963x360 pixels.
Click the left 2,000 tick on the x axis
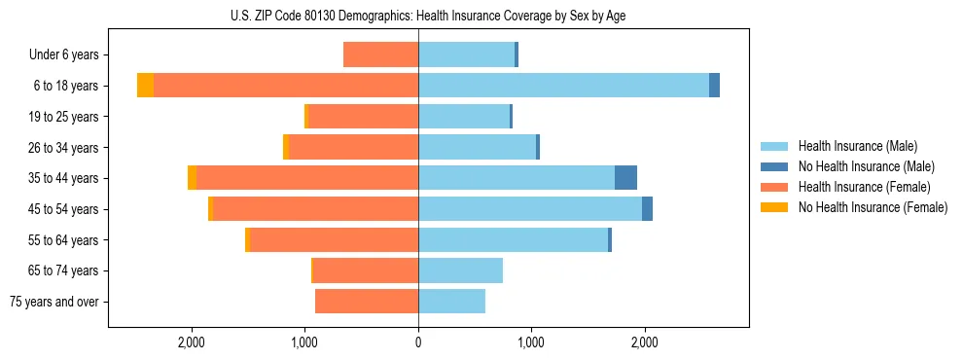pyautogui.click(x=192, y=342)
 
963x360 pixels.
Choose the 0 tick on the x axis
pyautogui.click(x=418, y=342)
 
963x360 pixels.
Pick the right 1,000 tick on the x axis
pyautogui.click(x=531, y=342)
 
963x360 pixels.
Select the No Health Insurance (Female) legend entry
pyautogui.click(x=873, y=207)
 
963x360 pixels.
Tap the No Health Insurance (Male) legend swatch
pyautogui.click(x=775, y=166)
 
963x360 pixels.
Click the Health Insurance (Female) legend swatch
pyautogui.click(x=775, y=187)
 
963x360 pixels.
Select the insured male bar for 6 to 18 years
pyautogui.click(x=563, y=86)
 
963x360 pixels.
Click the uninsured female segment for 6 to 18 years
pyautogui.click(x=145, y=86)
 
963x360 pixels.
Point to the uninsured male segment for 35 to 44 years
pyautogui.click(x=625, y=178)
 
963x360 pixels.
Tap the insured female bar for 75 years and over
pyautogui.click(x=367, y=302)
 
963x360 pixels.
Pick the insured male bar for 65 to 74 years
pyautogui.click(x=460, y=270)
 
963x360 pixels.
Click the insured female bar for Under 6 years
pyautogui.click(x=380, y=54)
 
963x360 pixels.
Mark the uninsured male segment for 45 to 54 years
pyautogui.click(x=647, y=209)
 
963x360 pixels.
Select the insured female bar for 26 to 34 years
pyautogui.click(x=353, y=147)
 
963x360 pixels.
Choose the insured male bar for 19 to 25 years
pyautogui.click(x=464, y=117)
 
